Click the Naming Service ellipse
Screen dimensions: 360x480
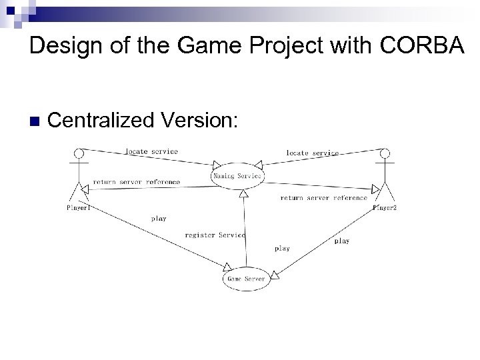pyautogui.click(x=238, y=176)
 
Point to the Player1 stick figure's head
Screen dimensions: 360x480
pyautogui.click(x=79, y=153)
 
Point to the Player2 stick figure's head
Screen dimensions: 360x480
pyautogui.click(x=383, y=153)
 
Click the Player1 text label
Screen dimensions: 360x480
pyautogui.click(x=79, y=207)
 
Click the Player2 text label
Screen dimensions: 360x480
pyautogui.click(x=385, y=208)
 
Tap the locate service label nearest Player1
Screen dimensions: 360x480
pyautogui.click(x=152, y=151)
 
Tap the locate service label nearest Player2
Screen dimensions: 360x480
pyautogui.click(x=312, y=153)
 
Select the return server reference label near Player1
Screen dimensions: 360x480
pyautogui.click(x=137, y=181)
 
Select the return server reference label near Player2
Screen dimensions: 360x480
pyautogui.click(x=323, y=197)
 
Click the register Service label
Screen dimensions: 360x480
pyautogui.click(x=215, y=235)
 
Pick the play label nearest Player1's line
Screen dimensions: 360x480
pyautogui.click(x=159, y=218)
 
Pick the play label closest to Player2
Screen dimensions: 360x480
pyautogui.click(x=341, y=241)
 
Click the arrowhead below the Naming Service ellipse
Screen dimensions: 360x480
pyautogui.click(x=245, y=194)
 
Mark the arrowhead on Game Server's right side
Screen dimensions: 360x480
pyautogui.click(x=273, y=273)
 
